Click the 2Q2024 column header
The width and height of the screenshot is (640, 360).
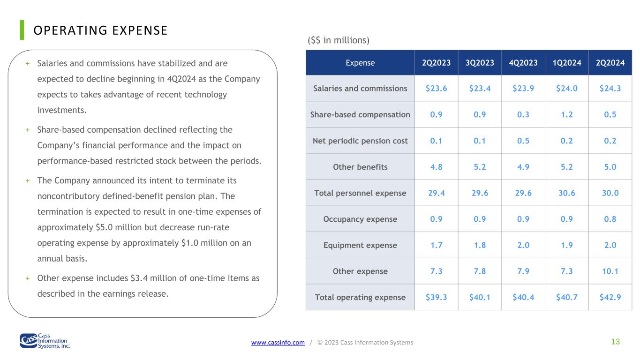pos(610,62)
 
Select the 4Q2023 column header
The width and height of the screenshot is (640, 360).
pos(523,62)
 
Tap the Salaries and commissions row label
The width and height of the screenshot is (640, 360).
pos(360,88)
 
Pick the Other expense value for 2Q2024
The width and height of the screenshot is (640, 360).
pos(610,271)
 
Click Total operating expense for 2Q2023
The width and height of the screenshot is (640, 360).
pos(437,297)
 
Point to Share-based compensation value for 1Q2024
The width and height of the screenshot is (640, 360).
pos(566,114)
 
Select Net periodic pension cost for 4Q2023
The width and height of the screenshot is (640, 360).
pos(523,141)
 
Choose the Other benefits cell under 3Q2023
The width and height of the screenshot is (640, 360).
pos(480,167)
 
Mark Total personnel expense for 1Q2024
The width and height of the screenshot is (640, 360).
pos(566,193)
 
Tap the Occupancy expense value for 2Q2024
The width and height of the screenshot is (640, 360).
pos(610,219)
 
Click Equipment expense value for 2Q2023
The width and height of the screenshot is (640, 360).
pos(437,245)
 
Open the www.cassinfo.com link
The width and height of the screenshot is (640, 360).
pos(278,342)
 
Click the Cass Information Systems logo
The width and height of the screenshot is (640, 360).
pos(45,341)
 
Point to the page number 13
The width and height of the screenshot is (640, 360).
pos(616,342)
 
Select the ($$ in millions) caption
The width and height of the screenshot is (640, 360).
pos(339,40)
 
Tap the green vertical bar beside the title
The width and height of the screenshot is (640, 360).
pos(22,30)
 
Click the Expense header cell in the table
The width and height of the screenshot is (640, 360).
pos(360,62)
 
